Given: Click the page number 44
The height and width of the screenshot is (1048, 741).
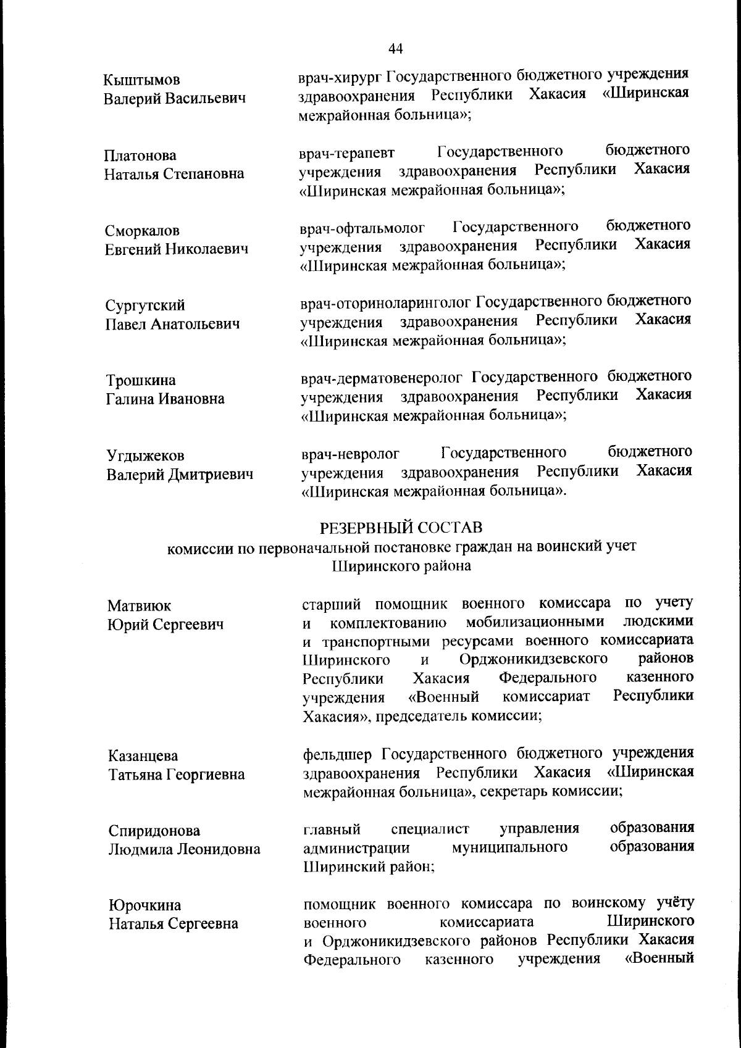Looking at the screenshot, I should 396,49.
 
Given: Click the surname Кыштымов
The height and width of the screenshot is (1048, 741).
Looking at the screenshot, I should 141,80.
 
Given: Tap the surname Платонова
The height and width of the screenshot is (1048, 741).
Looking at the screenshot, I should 140,156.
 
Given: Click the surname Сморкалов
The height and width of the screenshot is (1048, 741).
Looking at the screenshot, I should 142,231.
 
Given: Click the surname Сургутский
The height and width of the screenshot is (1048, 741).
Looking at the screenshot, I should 145,306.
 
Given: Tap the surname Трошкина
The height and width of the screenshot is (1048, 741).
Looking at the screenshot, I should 140,381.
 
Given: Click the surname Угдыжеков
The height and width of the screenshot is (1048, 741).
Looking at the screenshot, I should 146,456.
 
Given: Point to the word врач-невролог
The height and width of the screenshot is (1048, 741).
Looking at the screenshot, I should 350,455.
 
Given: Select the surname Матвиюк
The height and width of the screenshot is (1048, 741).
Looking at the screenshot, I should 140,606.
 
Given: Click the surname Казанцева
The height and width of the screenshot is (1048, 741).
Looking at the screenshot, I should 143,756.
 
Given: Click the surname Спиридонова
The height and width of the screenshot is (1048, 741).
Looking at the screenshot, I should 154,831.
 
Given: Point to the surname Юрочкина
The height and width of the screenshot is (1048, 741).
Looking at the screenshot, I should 145,906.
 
